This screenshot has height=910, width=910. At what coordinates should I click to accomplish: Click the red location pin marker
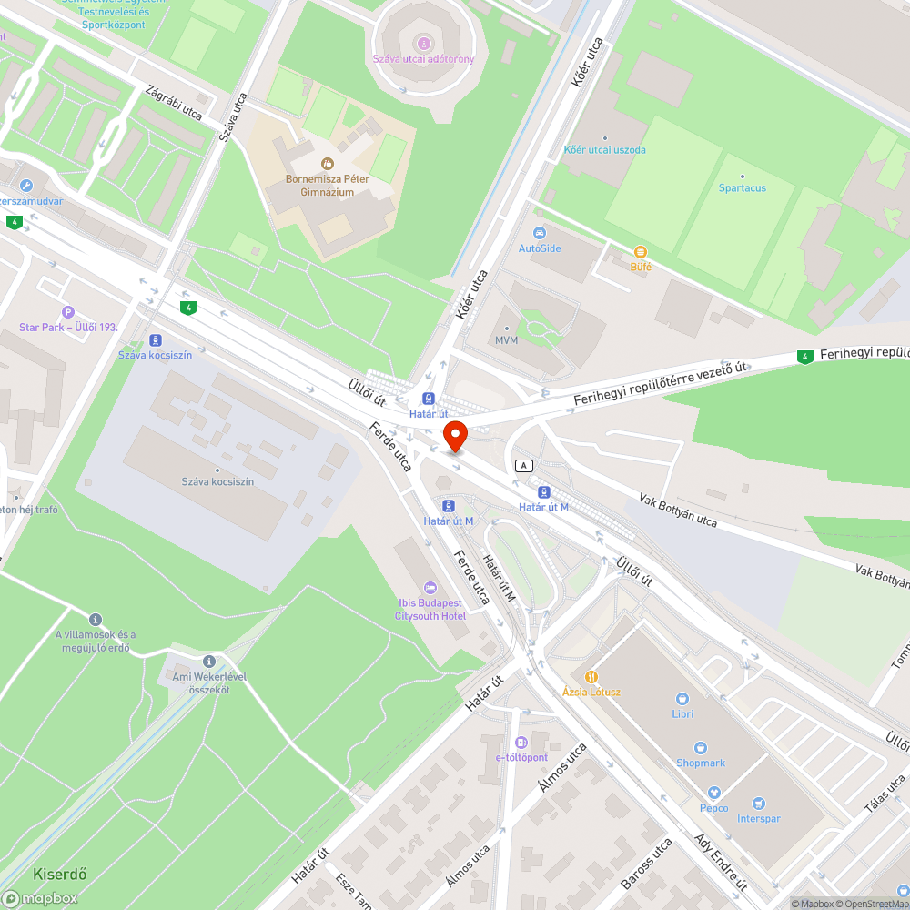tap(454, 436)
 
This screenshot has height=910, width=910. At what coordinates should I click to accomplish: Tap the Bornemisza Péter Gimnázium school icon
tap(327, 164)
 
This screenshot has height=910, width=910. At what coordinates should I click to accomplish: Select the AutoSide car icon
tap(540, 233)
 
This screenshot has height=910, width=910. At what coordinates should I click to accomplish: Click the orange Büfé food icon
tap(641, 252)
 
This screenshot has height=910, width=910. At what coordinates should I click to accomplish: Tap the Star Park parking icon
tap(68, 312)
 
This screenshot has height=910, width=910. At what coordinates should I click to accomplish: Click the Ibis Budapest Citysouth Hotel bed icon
tap(430, 587)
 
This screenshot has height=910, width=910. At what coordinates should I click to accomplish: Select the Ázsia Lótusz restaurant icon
tap(591, 676)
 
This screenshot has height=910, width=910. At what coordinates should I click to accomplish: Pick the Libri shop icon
tap(682, 699)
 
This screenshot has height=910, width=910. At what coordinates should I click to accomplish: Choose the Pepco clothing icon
tap(713, 793)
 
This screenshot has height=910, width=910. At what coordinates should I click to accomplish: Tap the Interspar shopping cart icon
tap(758, 804)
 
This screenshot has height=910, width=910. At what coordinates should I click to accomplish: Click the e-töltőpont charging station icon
tap(521, 743)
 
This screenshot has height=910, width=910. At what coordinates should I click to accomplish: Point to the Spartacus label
tap(743, 188)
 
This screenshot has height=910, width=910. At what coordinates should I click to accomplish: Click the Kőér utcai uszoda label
tap(604, 149)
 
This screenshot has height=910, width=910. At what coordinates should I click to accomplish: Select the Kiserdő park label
tap(60, 875)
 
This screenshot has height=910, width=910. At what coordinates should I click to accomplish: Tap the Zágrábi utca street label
tap(173, 102)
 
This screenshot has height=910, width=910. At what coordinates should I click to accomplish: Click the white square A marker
tap(523, 465)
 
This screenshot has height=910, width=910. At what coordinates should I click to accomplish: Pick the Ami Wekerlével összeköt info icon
tap(209, 661)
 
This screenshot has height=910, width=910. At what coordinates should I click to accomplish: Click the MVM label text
tap(506, 340)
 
